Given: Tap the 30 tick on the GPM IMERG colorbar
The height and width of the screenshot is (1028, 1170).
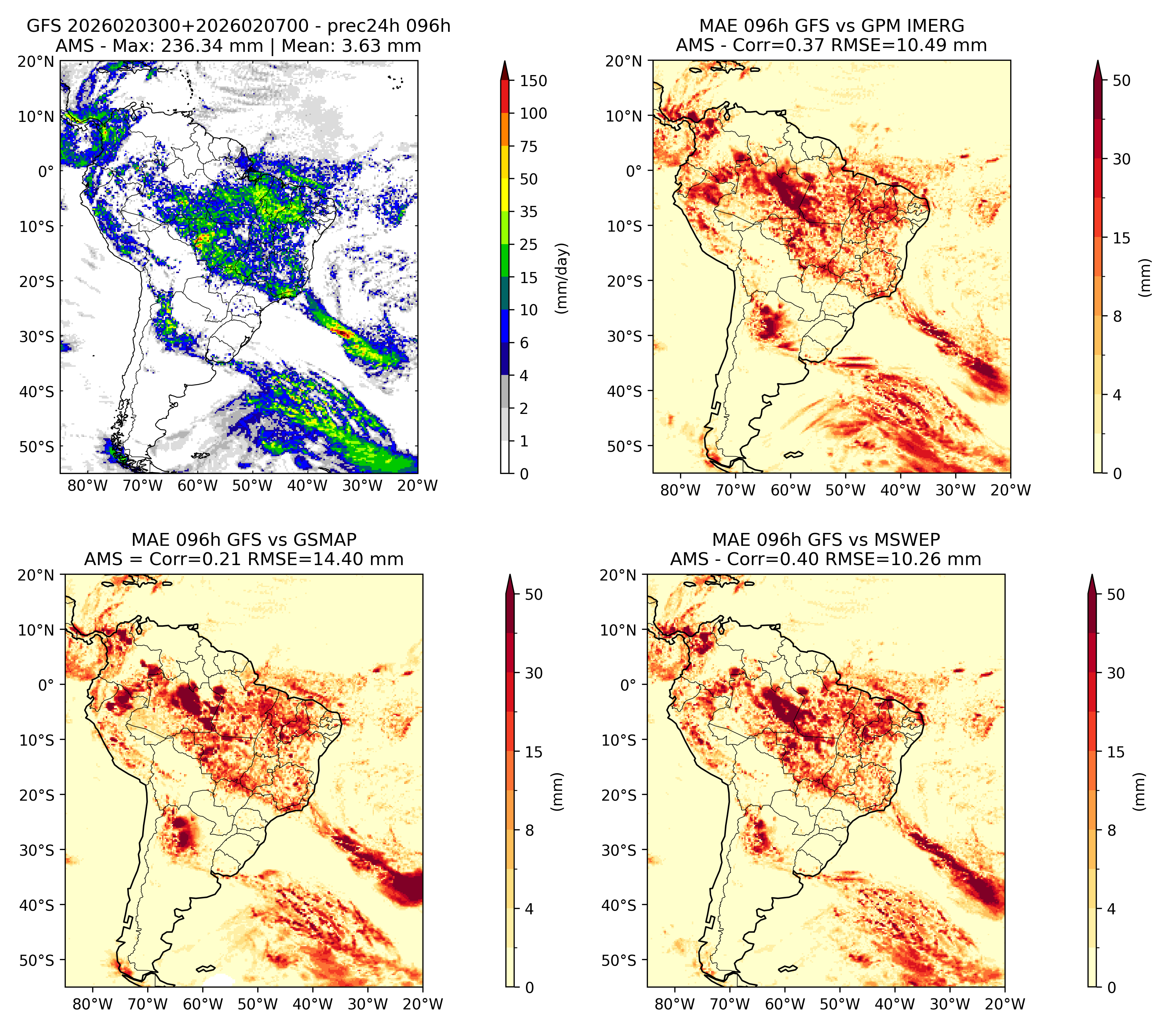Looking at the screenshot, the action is point(1122,159).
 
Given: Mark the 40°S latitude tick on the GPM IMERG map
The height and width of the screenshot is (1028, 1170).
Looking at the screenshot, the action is point(625,391).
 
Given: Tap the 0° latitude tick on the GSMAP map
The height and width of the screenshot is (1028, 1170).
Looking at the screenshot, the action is point(46,685).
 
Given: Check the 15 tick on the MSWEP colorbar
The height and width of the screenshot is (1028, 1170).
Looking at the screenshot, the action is point(1116,752).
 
